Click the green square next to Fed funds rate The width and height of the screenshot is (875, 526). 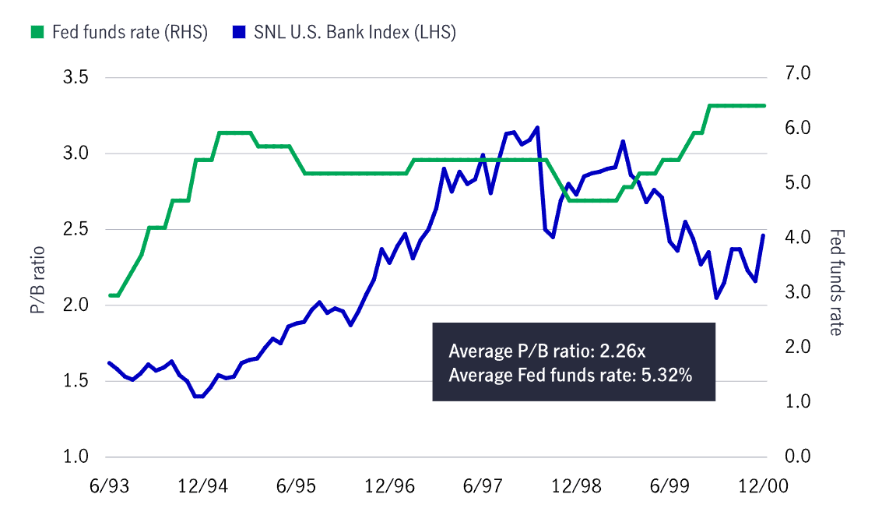point(37,33)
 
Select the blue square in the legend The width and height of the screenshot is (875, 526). point(239,33)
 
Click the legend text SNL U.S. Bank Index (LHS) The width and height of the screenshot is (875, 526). point(354,33)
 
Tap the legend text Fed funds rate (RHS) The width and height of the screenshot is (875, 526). point(129,33)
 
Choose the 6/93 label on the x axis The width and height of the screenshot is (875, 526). point(109,485)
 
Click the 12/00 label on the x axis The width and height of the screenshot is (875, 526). point(762,485)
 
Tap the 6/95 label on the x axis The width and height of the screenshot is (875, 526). point(295,485)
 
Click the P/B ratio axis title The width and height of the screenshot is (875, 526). point(37,280)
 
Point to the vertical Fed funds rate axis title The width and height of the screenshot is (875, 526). point(836,282)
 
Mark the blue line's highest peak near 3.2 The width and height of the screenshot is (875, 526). point(537,127)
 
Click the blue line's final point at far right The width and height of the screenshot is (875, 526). point(763,235)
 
